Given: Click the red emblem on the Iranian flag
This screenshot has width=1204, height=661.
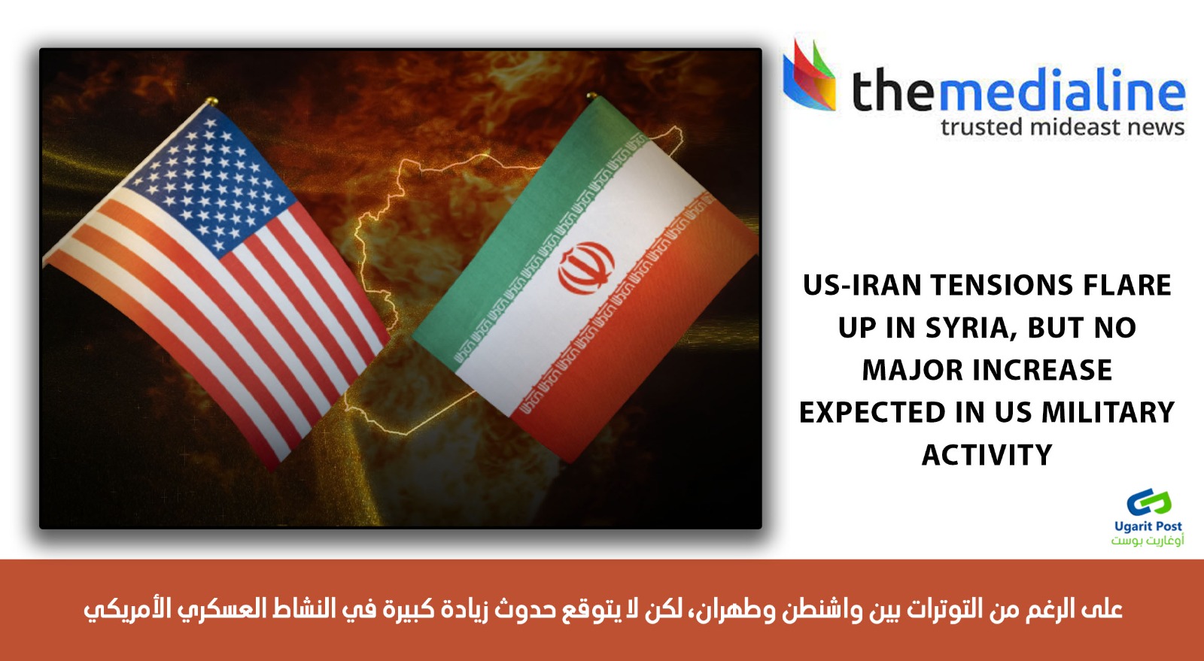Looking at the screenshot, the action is [x=586, y=268].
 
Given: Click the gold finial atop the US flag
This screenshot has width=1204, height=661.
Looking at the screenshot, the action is [x=211, y=101].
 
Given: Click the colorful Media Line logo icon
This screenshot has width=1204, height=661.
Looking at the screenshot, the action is [x=810, y=75].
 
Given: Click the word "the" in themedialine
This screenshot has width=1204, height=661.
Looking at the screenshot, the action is [x=893, y=89].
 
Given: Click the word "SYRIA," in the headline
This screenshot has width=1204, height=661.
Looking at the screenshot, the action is [x=971, y=328].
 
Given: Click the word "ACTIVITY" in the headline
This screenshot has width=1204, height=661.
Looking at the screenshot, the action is [x=987, y=455].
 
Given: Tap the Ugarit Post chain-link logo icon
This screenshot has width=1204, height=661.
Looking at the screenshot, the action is [x=1148, y=502].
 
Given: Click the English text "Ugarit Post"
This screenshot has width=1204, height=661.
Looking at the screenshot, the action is [x=1148, y=526].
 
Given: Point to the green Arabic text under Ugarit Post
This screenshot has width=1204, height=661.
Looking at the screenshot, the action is [x=1148, y=540].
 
